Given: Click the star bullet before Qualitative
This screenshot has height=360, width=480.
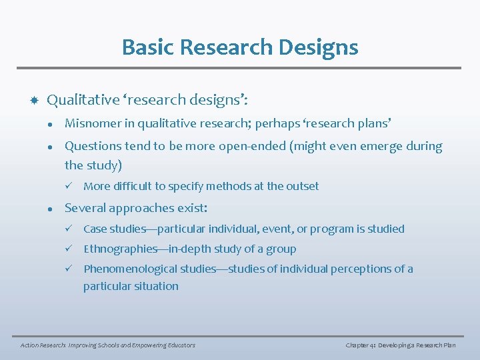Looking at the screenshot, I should [x=32, y=100].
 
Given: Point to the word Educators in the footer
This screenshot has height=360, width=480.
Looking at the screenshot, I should [x=177, y=345].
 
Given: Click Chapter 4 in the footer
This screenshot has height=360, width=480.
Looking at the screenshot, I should [x=361, y=345].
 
